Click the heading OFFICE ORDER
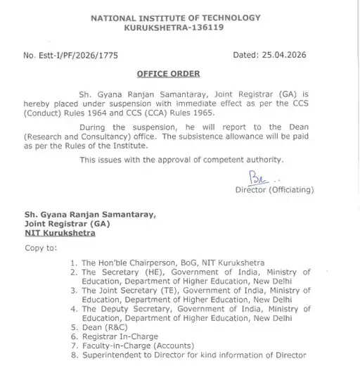[x=169, y=74]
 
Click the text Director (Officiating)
[x=275, y=190]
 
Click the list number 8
[x=74, y=355]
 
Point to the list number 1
[x=74, y=262]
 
